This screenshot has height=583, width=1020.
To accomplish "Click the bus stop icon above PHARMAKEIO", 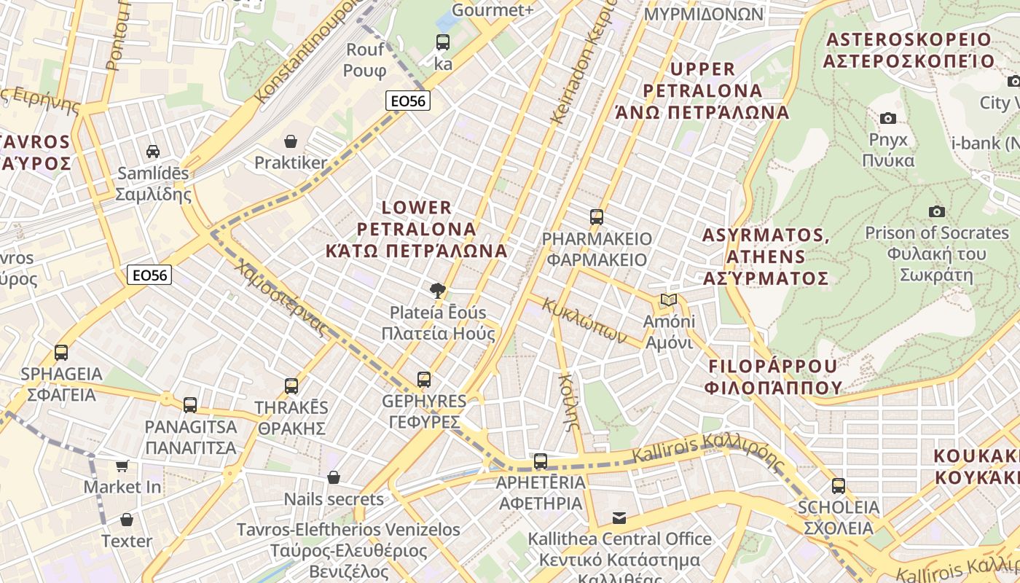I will click(x=597, y=216).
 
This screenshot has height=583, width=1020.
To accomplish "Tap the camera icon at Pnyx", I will click(x=888, y=118).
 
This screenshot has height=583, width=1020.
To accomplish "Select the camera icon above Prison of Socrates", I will click(x=937, y=211).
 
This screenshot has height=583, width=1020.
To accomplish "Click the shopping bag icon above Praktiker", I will click(x=291, y=141).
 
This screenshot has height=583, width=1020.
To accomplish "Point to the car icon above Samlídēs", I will click(x=153, y=152).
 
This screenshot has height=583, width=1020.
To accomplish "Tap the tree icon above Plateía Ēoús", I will click(x=437, y=291).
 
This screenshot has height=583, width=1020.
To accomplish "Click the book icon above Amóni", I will click(x=668, y=300).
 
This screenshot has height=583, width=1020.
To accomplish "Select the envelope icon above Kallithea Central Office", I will click(x=619, y=517).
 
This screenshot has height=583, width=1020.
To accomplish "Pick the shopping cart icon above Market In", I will click(x=122, y=465).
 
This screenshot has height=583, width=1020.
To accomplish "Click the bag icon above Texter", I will click(x=127, y=520).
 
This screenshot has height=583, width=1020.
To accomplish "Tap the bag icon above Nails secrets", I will click(x=334, y=477).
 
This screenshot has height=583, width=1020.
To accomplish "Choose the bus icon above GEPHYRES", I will click(x=424, y=379).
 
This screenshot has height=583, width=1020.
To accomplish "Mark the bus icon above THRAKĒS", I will click(x=291, y=386).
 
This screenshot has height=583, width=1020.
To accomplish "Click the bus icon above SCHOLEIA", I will click(x=839, y=485).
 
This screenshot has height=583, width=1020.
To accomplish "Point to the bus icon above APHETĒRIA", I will click(x=541, y=461).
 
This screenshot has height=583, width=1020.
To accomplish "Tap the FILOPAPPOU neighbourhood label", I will click(x=773, y=376).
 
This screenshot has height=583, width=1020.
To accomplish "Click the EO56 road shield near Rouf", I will click(x=408, y=101).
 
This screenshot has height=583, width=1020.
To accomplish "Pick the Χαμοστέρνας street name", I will click(x=280, y=297).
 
